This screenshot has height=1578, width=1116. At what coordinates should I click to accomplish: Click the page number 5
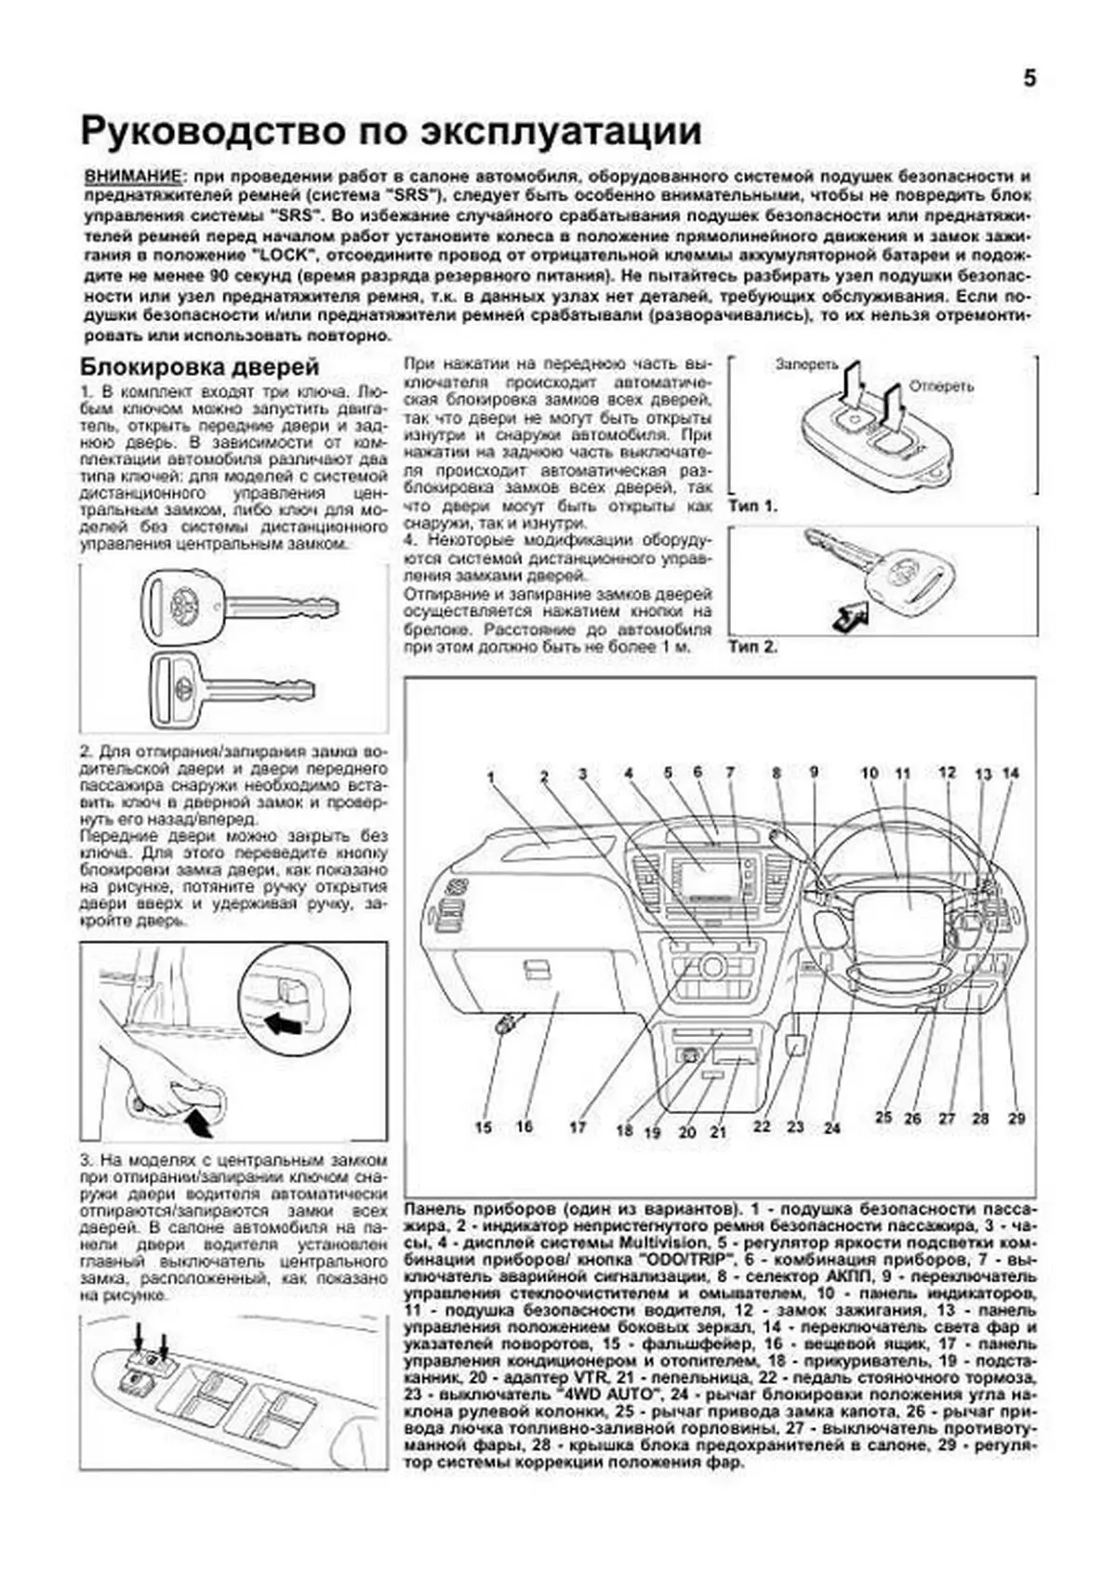tap(1030, 79)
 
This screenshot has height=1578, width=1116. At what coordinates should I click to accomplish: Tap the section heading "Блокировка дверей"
tap(199, 367)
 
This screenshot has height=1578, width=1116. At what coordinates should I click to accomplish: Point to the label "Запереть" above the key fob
tap(806, 365)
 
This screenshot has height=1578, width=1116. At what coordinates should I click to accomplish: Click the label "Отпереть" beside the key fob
tap(941, 386)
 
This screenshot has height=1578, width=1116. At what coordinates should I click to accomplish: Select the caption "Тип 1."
tap(752, 507)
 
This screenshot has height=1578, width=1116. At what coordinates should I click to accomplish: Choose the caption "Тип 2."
tap(752, 647)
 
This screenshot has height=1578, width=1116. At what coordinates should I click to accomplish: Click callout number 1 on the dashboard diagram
tap(490, 776)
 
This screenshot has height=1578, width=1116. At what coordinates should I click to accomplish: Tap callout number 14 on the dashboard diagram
tap(1011, 773)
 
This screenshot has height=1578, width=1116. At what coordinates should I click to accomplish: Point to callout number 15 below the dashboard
tap(484, 1127)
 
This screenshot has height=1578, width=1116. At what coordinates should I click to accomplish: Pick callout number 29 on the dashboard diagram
tap(1016, 1118)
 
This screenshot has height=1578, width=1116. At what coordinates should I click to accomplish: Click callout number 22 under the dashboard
tap(762, 1126)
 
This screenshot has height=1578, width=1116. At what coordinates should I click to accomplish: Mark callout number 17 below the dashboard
tap(578, 1127)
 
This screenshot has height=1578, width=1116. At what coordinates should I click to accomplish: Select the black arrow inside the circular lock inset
tap(284, 1025)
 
